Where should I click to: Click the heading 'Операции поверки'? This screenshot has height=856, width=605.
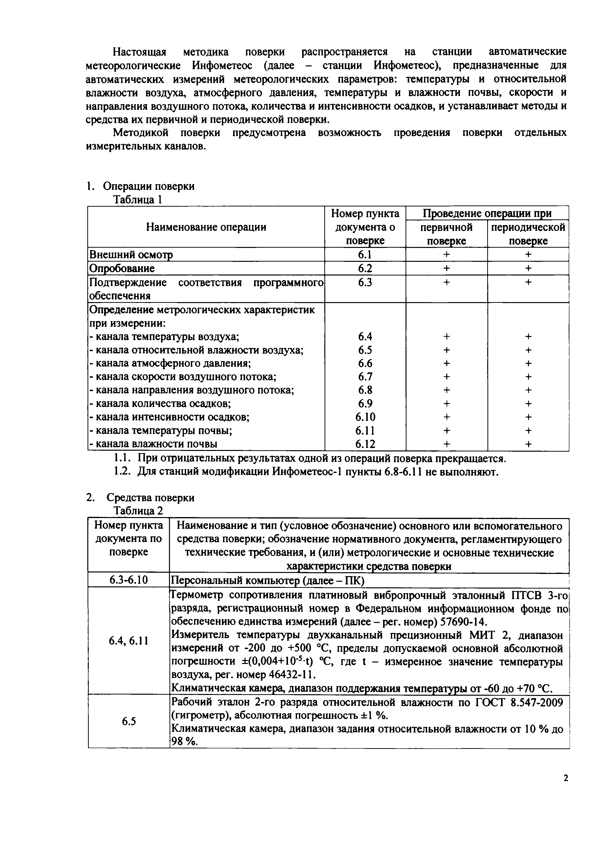[x=148, y=186]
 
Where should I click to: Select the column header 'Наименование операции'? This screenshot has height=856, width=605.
[x=206, y=227]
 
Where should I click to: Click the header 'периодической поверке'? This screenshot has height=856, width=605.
[x=528, y=234]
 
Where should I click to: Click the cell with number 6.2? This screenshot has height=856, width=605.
[x=365, y=268]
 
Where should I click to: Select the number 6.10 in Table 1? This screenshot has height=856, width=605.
[x=365, y=417]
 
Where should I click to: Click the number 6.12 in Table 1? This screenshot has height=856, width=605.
[x=365, y=444]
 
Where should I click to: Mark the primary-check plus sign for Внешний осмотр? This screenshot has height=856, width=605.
[x=446, y=255]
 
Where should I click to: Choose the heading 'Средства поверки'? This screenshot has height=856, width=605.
[x=150, y=498]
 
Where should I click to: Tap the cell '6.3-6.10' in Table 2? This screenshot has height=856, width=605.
[x=129, y=580]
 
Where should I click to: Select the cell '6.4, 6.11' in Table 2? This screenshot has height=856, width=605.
[x=129, y=641]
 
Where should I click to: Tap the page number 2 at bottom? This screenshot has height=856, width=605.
[x=565, y=778]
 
